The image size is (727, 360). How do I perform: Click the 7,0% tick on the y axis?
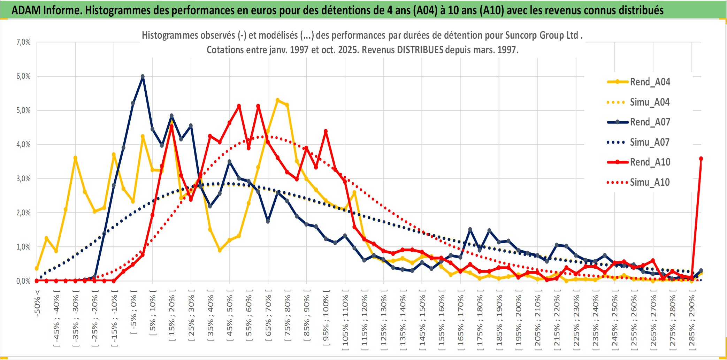(23, 42)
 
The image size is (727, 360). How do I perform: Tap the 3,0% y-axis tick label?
(23, 179)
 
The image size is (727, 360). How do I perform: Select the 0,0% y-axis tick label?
(23, 281)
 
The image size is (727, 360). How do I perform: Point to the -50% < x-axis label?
(37, 303)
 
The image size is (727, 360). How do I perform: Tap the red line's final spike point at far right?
(701, 159)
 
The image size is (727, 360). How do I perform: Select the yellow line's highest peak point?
(277, 100)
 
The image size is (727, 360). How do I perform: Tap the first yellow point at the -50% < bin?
(37, 268)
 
